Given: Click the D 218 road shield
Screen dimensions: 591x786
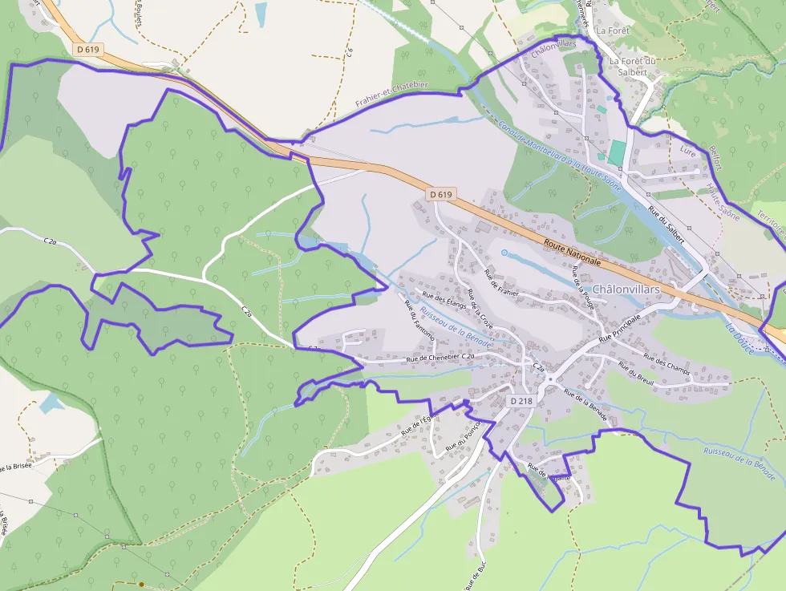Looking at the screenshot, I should click(521, 401).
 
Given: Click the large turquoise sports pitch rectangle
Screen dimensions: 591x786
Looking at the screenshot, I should click(616, 152).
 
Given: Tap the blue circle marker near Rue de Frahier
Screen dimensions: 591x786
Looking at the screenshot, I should click(504, 253).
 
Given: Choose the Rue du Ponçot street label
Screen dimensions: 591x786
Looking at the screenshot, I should click(463, 435).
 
